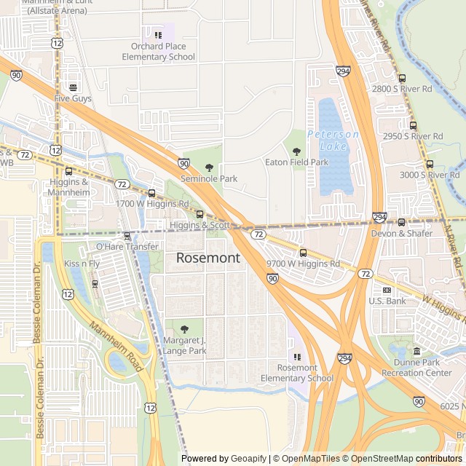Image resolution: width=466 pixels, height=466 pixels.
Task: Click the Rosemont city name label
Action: click(208, 258)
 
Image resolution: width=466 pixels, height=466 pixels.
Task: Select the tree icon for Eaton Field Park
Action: click(296, 151)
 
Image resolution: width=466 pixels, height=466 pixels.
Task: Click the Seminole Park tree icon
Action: click(209, 167)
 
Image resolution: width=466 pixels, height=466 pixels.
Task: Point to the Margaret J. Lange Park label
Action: click(185, 345)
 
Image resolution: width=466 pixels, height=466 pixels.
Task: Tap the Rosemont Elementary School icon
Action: click(296, 357)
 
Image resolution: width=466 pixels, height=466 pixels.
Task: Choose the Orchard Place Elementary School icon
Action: click(158, 35)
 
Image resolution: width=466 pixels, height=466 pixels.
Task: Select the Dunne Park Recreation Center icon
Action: click(416, 352)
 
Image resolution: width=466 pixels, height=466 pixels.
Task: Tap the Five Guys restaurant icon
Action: click(72, 87)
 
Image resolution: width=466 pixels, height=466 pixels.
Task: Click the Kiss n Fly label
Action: click(82, 263)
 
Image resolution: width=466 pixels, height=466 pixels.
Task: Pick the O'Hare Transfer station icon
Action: click(127, 236)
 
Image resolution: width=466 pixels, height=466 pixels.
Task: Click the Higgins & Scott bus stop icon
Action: click(200, 214)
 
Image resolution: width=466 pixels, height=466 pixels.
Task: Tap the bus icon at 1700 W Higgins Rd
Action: click(151, 193)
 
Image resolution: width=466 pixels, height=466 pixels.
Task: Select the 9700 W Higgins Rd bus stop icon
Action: click(303, 253)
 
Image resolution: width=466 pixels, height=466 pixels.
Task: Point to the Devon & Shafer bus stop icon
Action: click(401, 222)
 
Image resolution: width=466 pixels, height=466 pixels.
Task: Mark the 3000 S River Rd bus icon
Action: click(430, 164)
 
